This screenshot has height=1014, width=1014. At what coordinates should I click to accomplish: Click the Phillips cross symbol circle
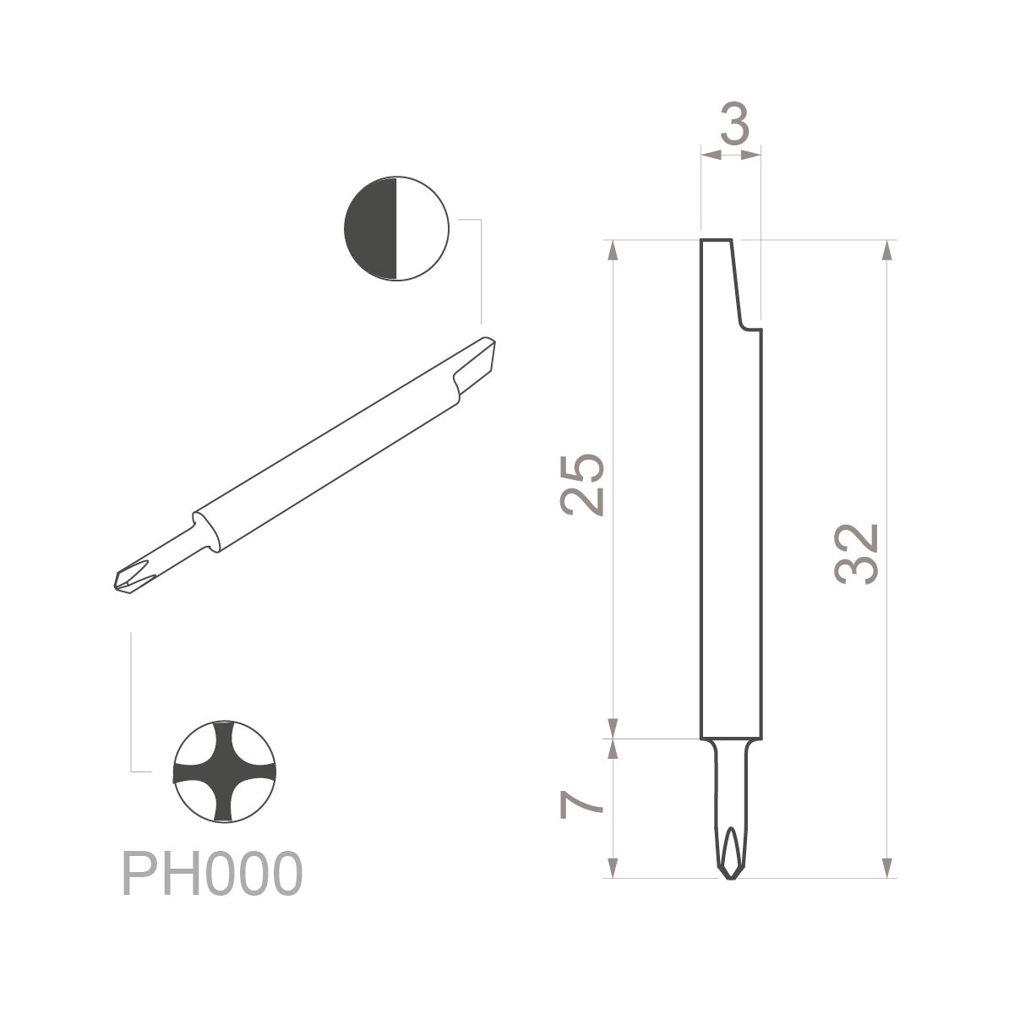225,771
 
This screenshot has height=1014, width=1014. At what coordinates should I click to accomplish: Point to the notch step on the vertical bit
747,325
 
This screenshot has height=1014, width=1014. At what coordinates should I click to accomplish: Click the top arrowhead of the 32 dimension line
887,251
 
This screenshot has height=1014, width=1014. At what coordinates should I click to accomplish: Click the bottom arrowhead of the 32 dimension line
887,869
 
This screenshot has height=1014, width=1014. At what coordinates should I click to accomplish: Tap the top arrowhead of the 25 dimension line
614,251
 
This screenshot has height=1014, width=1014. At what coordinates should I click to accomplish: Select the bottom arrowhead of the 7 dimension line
614,869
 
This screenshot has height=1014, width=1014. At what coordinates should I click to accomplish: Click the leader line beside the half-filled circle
480,270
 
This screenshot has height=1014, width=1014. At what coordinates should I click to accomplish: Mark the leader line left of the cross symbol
132,701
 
